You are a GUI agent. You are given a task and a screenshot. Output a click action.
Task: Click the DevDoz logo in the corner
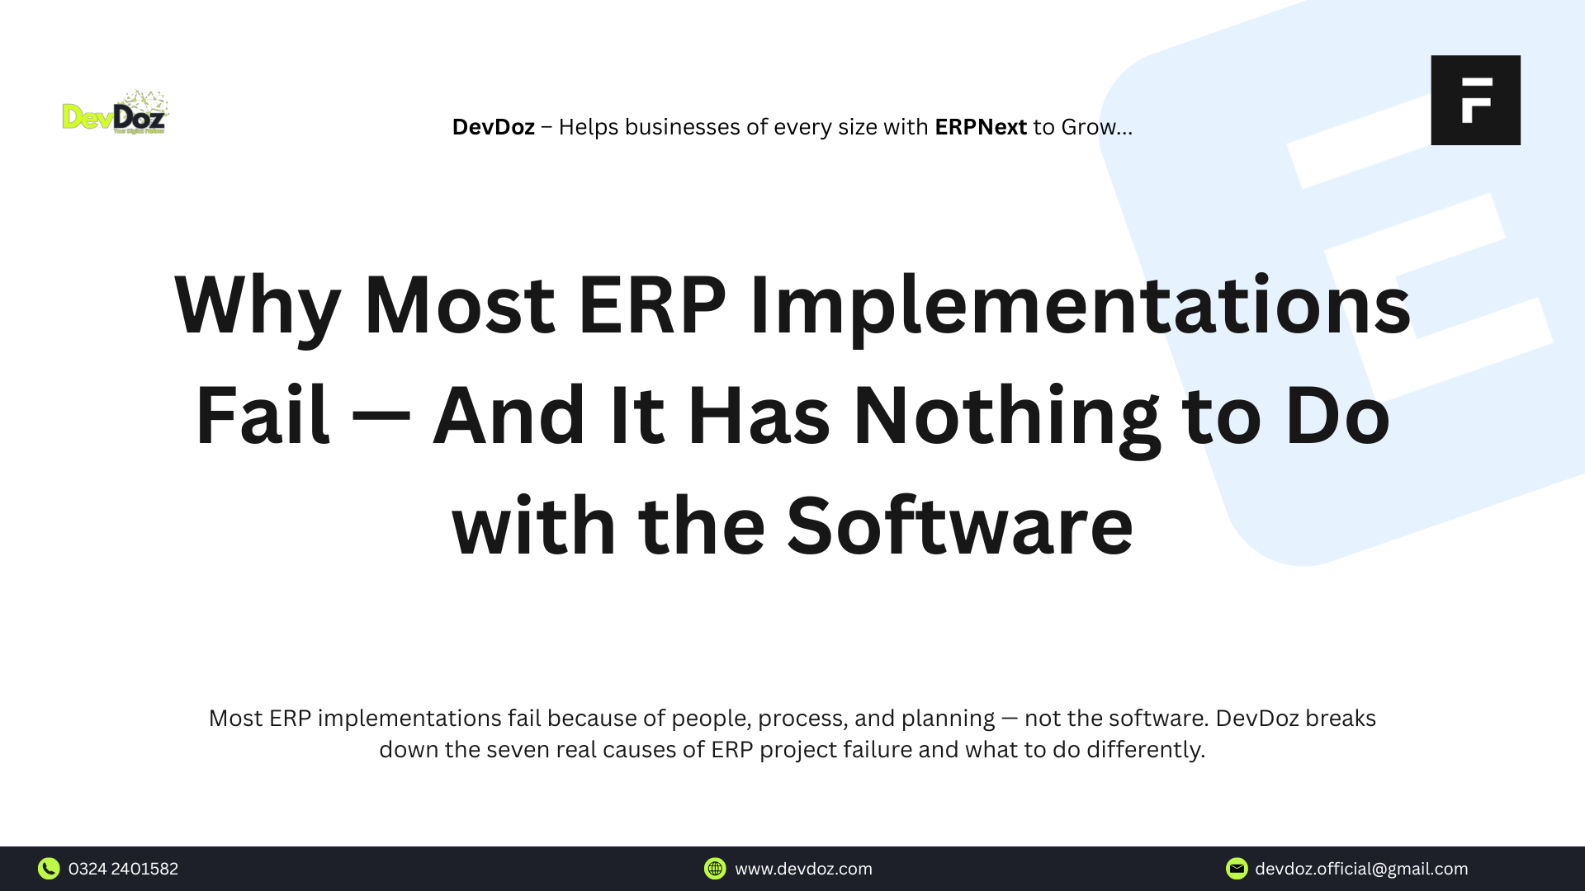pyautogui.click(x=116, y=113)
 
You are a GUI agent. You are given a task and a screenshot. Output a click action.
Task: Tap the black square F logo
pyautogui.click(x=1475, y=100)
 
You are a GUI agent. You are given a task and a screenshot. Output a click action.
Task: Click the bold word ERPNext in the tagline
pyautogui.click(x=980, y=127)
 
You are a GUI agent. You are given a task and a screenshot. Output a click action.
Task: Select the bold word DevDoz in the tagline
pyautogui.click(x=493, y=127)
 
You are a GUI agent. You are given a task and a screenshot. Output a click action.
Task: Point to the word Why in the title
pyautogui.click(x=258, y=305)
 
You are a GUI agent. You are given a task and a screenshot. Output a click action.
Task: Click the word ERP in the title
pyautogui.click(x=651, y=305)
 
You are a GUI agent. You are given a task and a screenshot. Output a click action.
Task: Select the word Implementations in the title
pyautogui.click(x=1080, y=305)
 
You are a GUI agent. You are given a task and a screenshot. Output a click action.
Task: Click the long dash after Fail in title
pyautogui.click(x=381, y=417)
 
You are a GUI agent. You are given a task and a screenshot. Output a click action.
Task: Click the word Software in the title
pyautogui.click(x=959, y=526)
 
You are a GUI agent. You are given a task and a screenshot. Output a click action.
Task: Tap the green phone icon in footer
pyautogui.click(x=49, y=869)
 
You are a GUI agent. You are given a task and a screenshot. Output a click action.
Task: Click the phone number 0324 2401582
pyautogui.click(x=123, y=869)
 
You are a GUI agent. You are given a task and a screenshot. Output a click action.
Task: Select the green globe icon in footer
pyautogui.click(x=715, y=869)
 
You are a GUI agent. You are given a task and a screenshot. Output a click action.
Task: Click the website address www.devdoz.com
pyautogui.click(x=803, y=869)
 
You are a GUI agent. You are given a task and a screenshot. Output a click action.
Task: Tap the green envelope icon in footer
pyautogui.click(x=1237, y=869)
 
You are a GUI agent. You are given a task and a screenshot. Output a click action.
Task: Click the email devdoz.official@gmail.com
pyautogui.click(x=1361, y=869)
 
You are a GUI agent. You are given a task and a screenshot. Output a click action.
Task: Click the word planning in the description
pyautogui.click(x=948, y=719)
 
